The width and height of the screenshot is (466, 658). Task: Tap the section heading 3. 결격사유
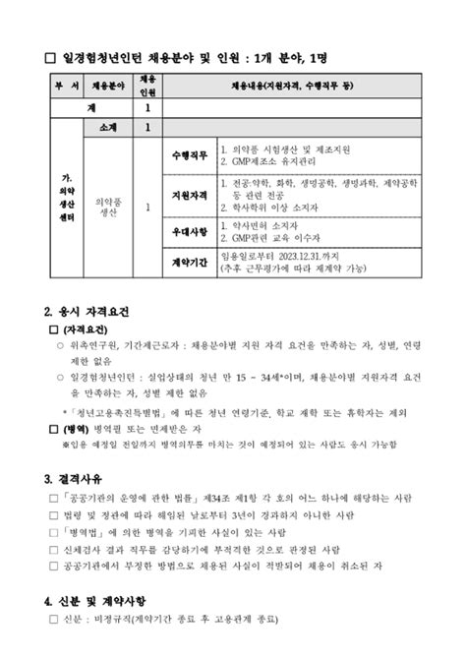click(x=80, y=479)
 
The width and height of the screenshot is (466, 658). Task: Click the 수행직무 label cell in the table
click(x=189, y=154)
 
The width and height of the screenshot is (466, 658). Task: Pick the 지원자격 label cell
click(x=189, y=194)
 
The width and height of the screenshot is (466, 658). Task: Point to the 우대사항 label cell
click(x=189, y=231)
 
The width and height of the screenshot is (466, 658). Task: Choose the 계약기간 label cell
click(x=189, y=263)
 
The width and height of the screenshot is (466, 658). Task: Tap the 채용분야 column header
click(x=108, y=86)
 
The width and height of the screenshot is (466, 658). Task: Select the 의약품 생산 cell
click(x=108, y=206)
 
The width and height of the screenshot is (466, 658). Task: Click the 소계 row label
click(x=108, y=127)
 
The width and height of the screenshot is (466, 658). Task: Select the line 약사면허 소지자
click(x=270, y=225)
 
